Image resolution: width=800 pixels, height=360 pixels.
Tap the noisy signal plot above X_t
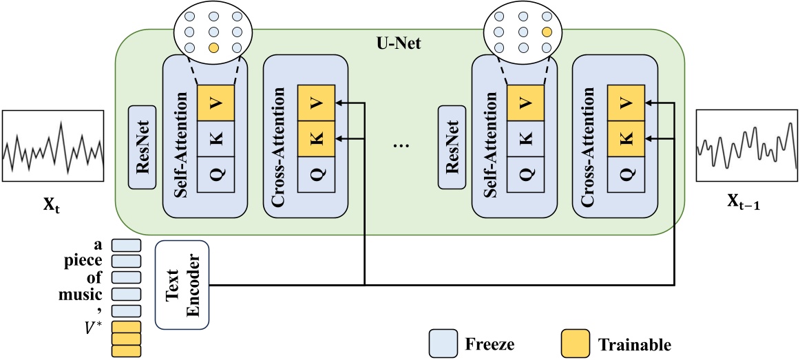pos(54,146)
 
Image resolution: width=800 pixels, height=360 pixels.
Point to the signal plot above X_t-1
pos(746,146)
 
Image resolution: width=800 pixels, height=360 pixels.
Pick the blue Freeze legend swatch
pos(443,341)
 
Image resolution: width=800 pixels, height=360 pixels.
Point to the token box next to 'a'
pos(126,245)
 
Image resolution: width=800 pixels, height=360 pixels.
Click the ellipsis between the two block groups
pos(399,147)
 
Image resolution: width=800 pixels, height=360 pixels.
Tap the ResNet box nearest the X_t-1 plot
pos(452,147)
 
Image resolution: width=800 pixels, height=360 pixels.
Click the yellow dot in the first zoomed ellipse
pos(213,47)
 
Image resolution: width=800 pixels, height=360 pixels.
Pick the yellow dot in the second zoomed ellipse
pos(547,32)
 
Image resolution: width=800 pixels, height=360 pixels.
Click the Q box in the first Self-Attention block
pos(216,175)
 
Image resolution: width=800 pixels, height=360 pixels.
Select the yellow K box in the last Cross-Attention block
pos(625,138)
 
